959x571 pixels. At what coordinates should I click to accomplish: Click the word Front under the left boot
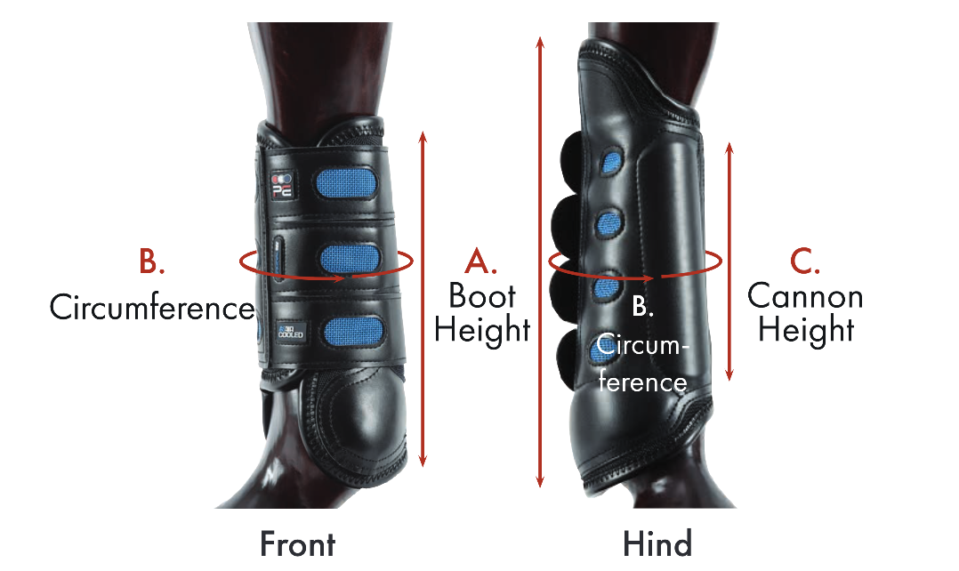tap(297, 543)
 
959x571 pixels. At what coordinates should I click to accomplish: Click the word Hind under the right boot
tap(657, 543)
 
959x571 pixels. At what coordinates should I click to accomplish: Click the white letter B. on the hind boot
tap(642, 307)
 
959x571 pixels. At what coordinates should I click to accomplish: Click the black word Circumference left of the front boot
tap(151, 308)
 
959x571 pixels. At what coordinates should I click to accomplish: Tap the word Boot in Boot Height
tap(482, 295)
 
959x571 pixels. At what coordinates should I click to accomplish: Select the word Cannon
tap(805, 295)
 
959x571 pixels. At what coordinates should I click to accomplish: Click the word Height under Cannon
tap(806, 330)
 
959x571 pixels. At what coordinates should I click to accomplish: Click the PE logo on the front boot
tap(282, 185)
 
